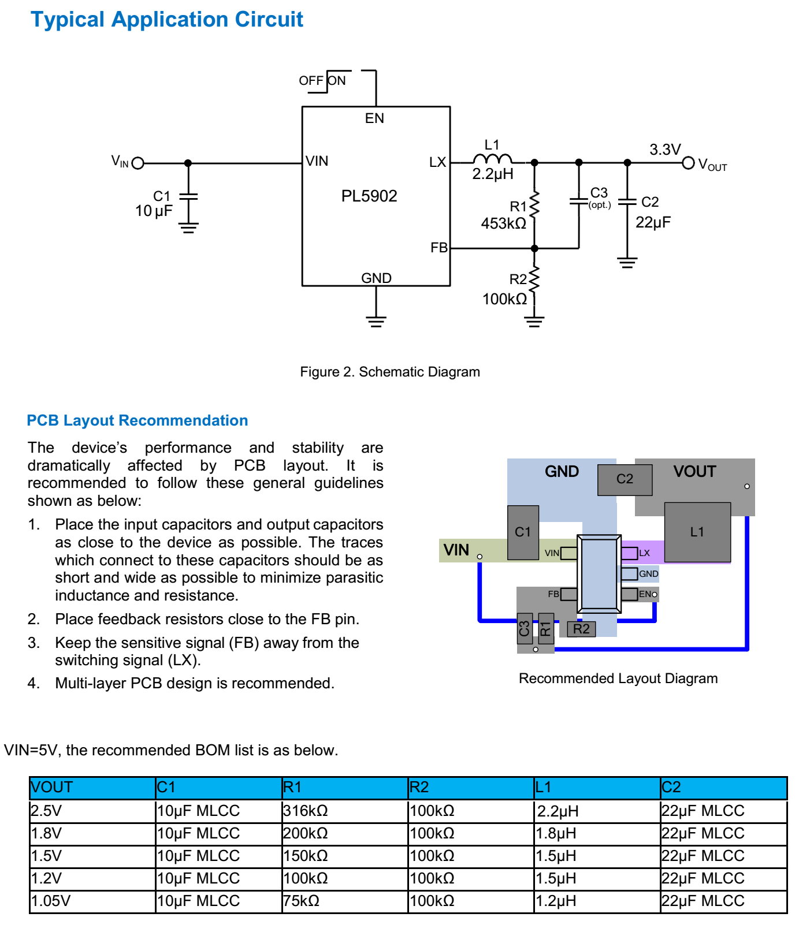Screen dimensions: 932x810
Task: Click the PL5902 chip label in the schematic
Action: [x=369, y=196]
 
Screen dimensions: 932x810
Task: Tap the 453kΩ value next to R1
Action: [x=503, y=223]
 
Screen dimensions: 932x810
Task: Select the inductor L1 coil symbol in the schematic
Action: [x=492, y=159]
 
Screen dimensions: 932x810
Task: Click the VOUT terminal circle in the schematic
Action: [x=688, y=163]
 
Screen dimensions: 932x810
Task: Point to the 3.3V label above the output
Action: [x=665, y=150]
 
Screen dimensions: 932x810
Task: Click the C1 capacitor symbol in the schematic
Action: [x=188, y=196]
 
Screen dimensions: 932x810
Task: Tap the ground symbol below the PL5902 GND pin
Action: [x=376, y=321]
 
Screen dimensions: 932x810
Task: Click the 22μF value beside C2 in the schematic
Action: [x=653, y=222]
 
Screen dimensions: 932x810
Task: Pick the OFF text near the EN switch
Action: [x=310, y=81]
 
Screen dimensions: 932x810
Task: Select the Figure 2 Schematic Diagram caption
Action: [x=390, y=372]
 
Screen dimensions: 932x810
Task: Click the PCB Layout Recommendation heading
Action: [x=138, y=420]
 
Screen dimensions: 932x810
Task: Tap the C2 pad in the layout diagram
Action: [x=625, y=479]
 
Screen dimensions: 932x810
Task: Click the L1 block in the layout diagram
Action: [x=697, y=532]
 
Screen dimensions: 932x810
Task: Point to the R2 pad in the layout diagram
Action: [x=581, y=629]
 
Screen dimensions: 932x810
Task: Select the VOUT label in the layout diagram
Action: [x=694, y=472]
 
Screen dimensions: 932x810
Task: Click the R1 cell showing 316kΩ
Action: [x=306, y=811]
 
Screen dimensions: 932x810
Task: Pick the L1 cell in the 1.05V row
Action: [x=556, y=901]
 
